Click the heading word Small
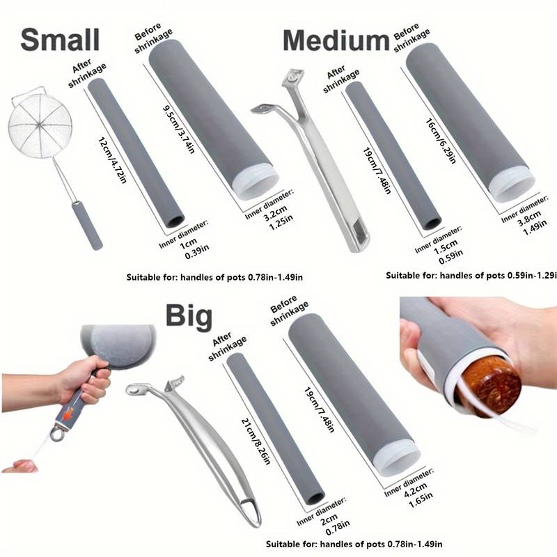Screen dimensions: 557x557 pyautogui.click(x=60, y=40)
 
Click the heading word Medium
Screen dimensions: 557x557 pyautogui.click(x=336, y=41)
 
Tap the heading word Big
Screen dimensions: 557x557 pyautogui.click(x=189, y=316)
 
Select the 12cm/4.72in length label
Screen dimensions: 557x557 pyautogui.click(x=112, y=160)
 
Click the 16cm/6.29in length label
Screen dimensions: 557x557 pyautogui.click(x=441, y=141)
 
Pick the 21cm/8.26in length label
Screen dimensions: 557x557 pyautogui.click(x=256, y=441)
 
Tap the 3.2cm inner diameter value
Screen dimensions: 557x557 pyautogui.click(x=275, y=212)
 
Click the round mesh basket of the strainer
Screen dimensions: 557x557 pyautogui.click(x=40, y=126)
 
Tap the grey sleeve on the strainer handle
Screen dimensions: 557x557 pyautogui.click(x=88, y=226)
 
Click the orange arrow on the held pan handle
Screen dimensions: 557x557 pyautogui.click(x=68, y=413)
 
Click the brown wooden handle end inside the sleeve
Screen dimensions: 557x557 pyautogui.click(x=492, y=386)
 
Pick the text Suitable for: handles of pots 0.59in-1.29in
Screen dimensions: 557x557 pyautogui.click(x=471, y=276)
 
